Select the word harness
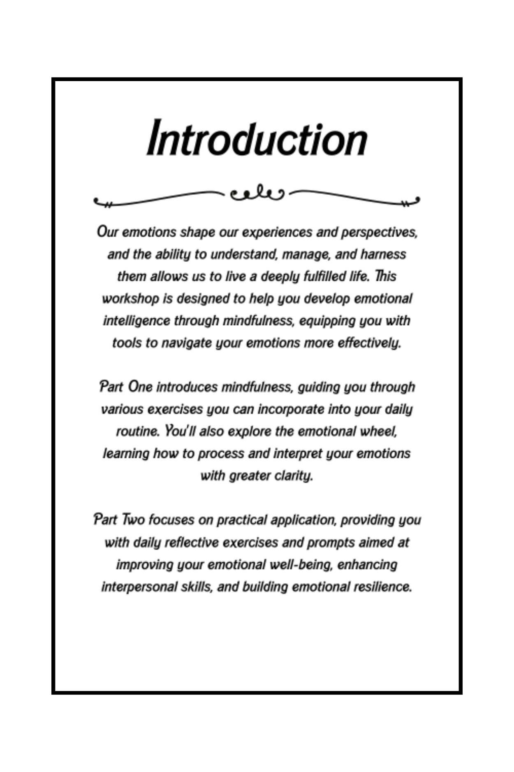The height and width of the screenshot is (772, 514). tap(383, 254)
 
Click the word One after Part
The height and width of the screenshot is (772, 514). tap(140, 387)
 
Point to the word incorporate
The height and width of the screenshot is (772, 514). tap(291, 409)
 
